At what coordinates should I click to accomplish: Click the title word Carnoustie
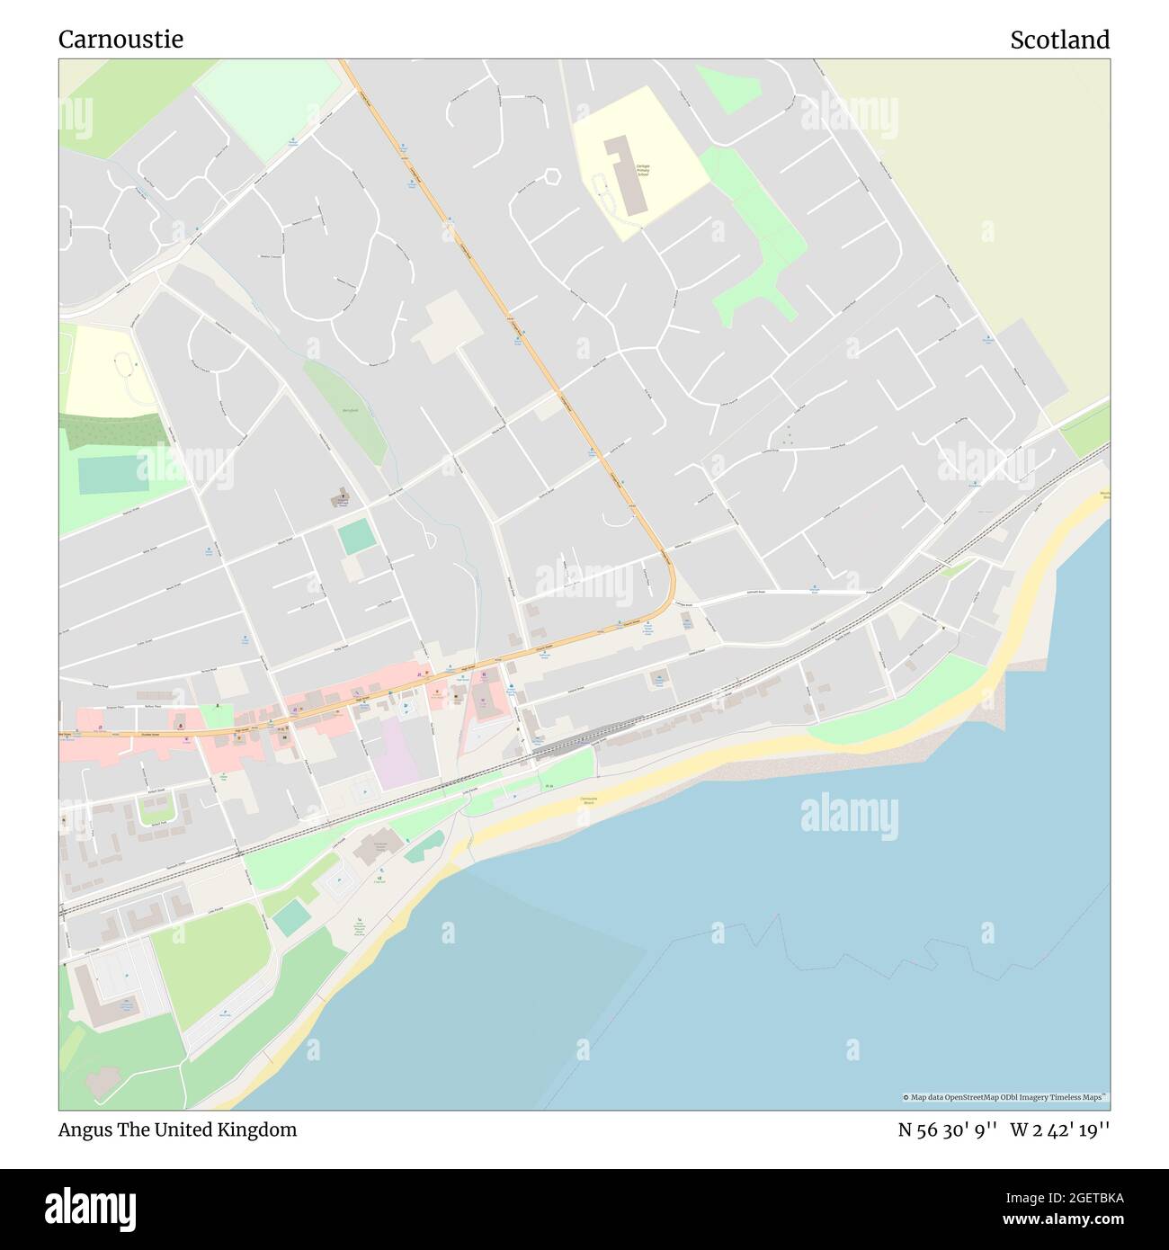click(120, 40)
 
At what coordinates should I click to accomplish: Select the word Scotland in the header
click(1059, 40)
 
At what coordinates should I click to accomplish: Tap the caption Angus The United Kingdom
click(177, 1129)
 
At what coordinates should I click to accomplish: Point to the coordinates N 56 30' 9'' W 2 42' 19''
click(1004, 1129)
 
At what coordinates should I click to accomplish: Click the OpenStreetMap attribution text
click(1004, 1097)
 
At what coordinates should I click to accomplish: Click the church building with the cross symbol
click(342, 496)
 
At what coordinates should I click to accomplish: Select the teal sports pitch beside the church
click(357, 537)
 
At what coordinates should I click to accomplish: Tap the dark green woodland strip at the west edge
click(112, 432)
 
